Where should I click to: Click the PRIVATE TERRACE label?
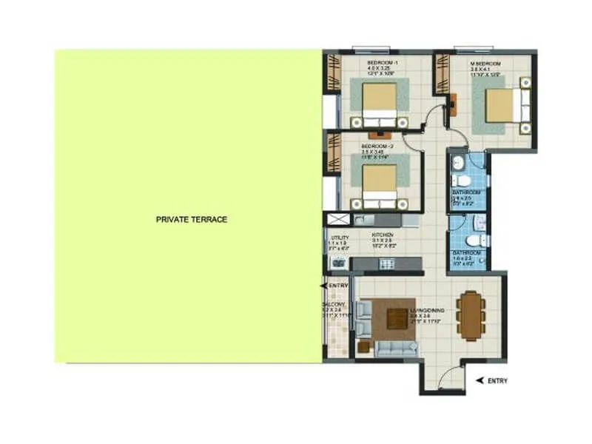[191, 219]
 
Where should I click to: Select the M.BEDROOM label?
[485, 64]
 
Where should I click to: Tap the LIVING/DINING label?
[427, 311]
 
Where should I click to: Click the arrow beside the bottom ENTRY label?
[480, 380]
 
